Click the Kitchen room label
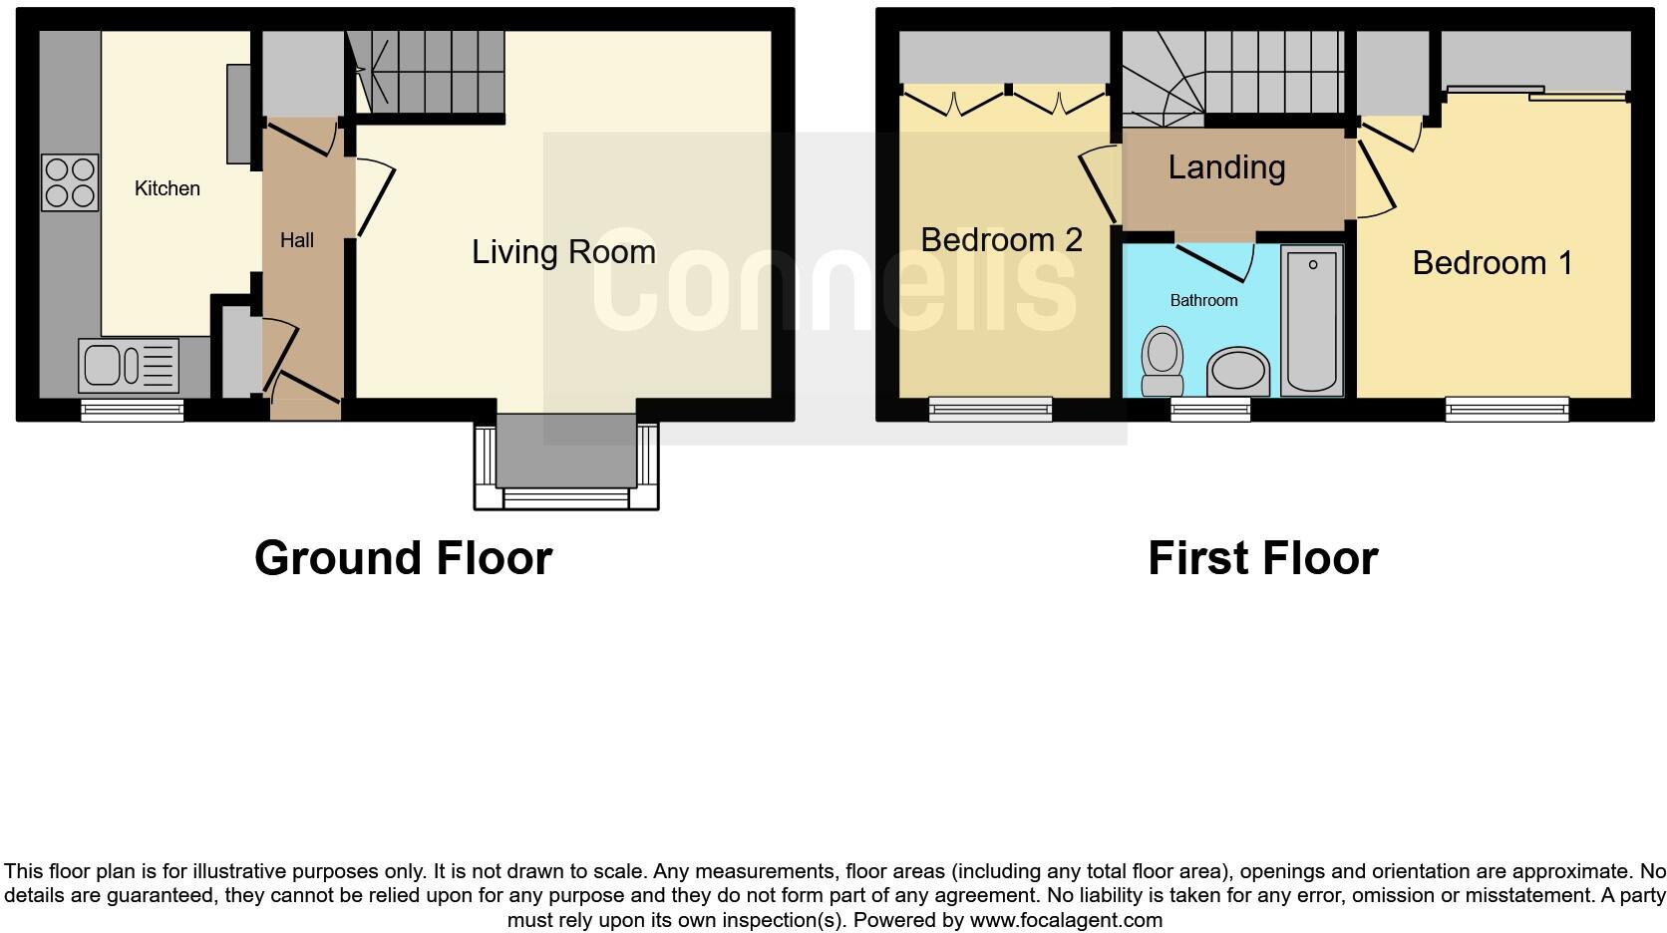pyautogui.click(x=167, y=188)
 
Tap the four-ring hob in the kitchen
pyautogui.click(x=70, y=182)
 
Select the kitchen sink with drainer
pyautogui.click(x=130, y=365)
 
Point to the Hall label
pyautogui.click(x=297, y=240)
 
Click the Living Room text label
pyautogui.click(x=563, y=251)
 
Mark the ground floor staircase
pyautogui.click(x=430, y=72)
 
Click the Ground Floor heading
pyautogui.click(x=403, y=558)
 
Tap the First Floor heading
pyautogui.click(x=1262, y=558)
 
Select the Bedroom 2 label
pyautogui.click(x=1001, y=239)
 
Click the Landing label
pyautogui.click(x=1226, y=167)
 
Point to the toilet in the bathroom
pyautogui.click(x=1162, y=362)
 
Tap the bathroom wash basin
pyautogui.click(x=1238, y=373)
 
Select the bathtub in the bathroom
pyautogui.click(x=1312, y=321)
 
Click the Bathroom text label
pyautogui.click(x=1203, y=300)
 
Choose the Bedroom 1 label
pyautogui.click(x=1493, y=263)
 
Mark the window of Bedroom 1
pyautogui.click(x=1507, y=408)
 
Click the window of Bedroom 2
pyautogui.click(x=991, y=408)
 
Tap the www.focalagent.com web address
pyautogui.click(x=1066, y=920)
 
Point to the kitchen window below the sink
pyautogui.click(x=133, y=408)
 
